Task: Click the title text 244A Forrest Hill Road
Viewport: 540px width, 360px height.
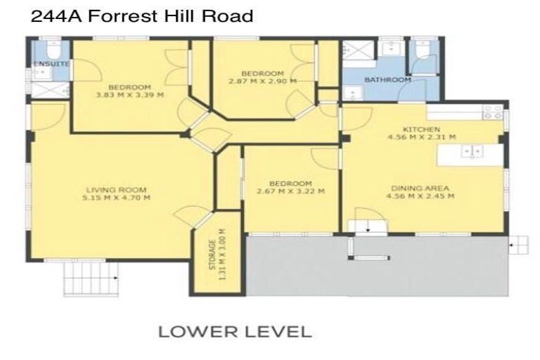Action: click(141, 15)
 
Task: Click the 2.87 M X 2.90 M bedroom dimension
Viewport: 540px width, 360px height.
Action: click(262, 82)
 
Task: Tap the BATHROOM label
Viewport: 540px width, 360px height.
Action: click(387, 80)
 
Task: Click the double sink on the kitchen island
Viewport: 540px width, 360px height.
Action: click(470, 150)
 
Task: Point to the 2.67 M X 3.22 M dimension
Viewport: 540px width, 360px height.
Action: click(290, 191)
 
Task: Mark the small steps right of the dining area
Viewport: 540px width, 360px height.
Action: click(519, 245)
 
